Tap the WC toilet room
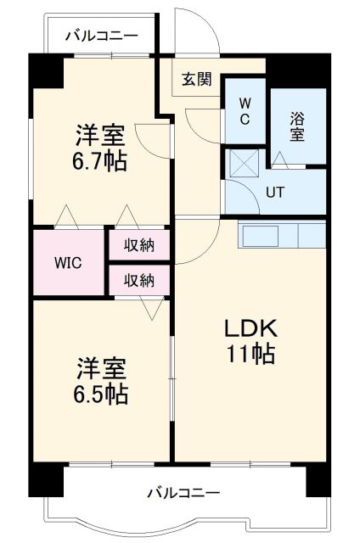[x=244, y=111]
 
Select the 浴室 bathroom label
[x=298, y=126]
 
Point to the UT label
[x=274, y=192]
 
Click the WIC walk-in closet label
[x=68, y=261]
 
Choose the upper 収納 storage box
[x=138, y=245]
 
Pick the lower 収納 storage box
[x=138, y=279]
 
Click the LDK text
[x=250, y=328]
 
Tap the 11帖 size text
[x=250, y=355]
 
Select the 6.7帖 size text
[x=100, y=161]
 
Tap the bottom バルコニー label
[x=183, y=492]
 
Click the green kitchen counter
[x=281, y=233]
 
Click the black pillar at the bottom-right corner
[x=316, y=480]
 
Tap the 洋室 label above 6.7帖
[x=100, y=134]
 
